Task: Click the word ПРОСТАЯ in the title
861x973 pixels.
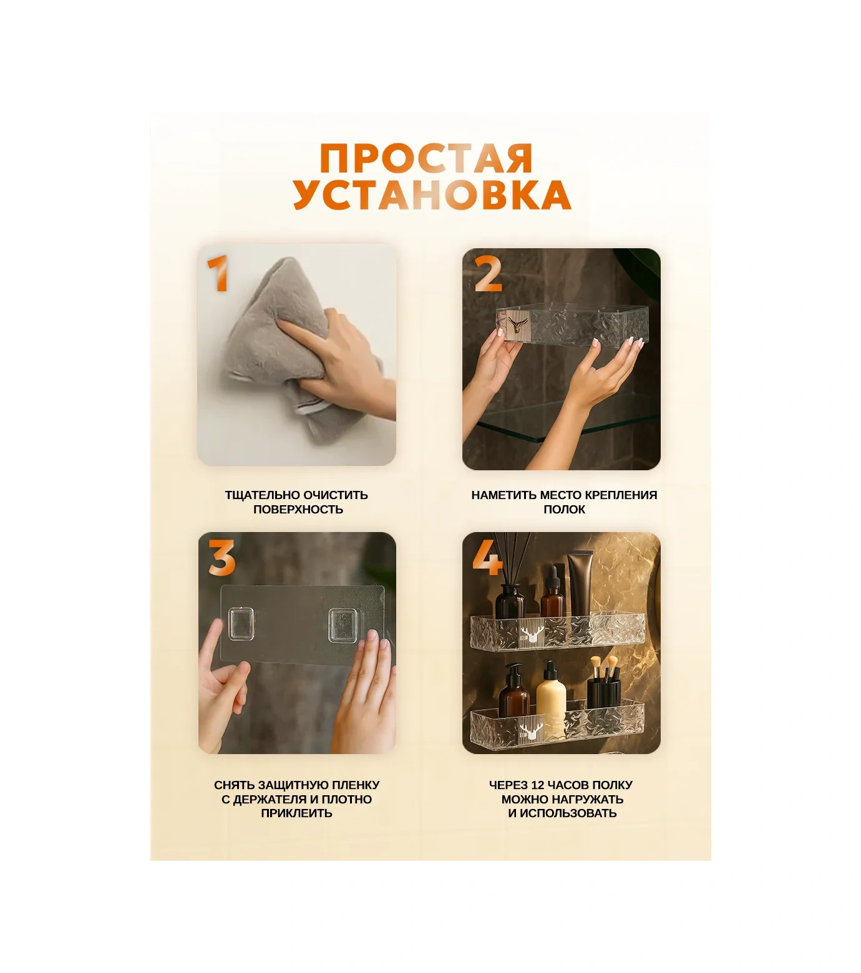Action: click(426, 158)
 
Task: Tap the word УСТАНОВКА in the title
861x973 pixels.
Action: click(432, 195)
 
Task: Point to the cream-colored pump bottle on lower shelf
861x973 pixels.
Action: click(551, 692)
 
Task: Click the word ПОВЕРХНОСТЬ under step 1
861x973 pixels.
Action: click(298, 509)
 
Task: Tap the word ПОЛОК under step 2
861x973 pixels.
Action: click(565, 509)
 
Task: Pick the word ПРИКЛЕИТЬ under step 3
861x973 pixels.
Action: click(297, 813)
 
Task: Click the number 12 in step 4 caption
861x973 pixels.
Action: click(538, 785)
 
